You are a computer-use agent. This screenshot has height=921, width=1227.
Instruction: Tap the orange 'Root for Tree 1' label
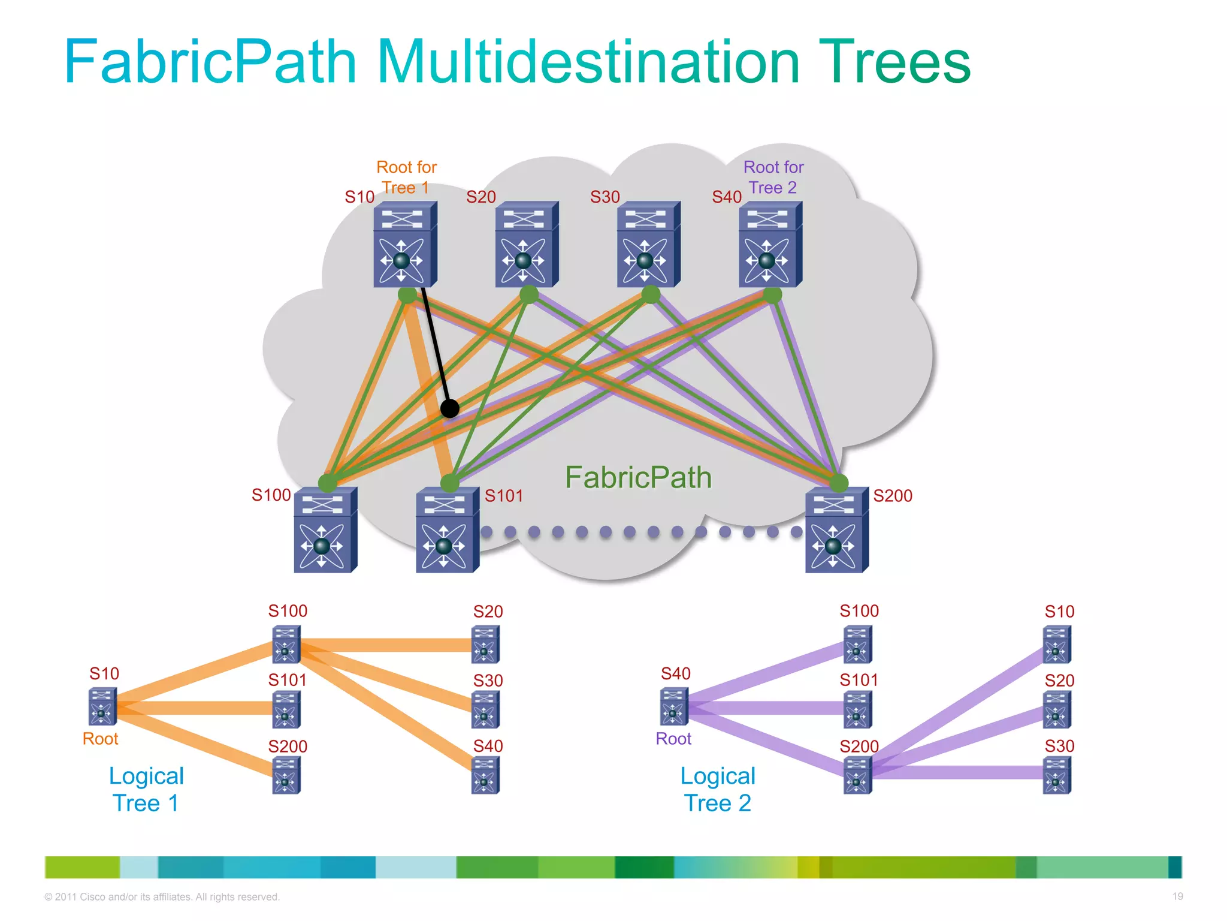406,177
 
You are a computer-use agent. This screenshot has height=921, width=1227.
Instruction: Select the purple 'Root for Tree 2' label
773,177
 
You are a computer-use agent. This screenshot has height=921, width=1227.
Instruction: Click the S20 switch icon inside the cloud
526,244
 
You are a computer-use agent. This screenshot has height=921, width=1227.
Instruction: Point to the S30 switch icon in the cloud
648,244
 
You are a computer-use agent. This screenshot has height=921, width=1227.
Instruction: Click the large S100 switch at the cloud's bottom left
325,530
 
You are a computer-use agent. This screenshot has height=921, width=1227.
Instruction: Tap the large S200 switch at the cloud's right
836,530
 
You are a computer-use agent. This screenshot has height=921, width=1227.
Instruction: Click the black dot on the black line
449,409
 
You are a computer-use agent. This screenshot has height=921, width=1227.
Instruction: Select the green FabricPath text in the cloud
638,478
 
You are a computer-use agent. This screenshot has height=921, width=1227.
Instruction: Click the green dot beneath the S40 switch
772,294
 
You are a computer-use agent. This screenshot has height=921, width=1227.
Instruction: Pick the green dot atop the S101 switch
449,483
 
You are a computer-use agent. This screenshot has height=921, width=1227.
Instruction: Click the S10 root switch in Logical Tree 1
102,707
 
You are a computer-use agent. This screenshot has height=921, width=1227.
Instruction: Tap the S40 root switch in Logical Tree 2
673,707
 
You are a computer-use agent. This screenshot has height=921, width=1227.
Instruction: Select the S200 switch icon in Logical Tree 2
857,775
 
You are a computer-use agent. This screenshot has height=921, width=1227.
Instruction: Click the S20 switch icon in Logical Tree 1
485,645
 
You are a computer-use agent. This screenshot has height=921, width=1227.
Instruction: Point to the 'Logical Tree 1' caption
146,789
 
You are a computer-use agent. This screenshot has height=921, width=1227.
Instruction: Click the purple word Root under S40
673,739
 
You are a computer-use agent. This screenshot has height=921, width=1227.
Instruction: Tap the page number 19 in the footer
1177,896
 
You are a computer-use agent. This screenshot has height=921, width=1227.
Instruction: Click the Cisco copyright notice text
162,897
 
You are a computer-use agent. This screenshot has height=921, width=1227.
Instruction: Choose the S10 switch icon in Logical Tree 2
1057,645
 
